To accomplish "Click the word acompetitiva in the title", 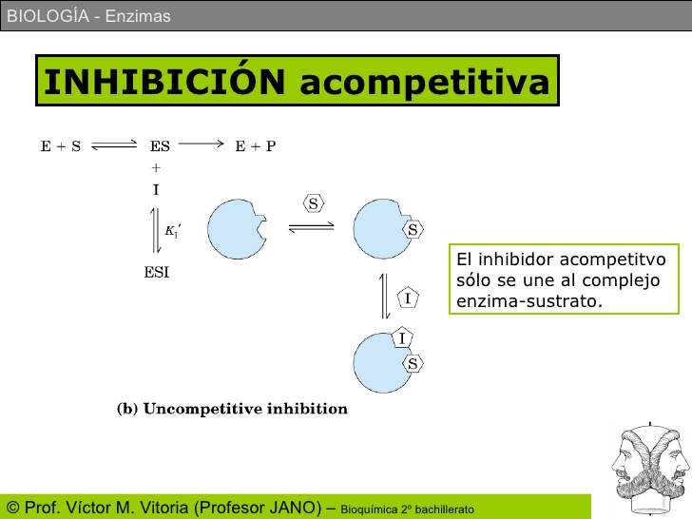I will click(x=424, y=83).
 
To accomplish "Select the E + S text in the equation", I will click(x=60, y=146).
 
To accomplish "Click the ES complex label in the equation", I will click(x=160, y=146).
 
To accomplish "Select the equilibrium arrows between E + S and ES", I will click(x=115, y=146).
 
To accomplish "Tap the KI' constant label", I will click(x=172, y=231).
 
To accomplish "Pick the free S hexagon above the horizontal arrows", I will click(x=314, y=202).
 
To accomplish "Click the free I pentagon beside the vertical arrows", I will click(x=407, y=298).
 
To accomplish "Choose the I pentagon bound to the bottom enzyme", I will click(x=402, y=338).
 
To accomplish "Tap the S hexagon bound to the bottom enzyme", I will click(x=413, y=363).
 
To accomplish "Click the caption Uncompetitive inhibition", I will click(x=232, y=410).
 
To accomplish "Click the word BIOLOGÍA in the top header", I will click(x=42, y=14).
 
